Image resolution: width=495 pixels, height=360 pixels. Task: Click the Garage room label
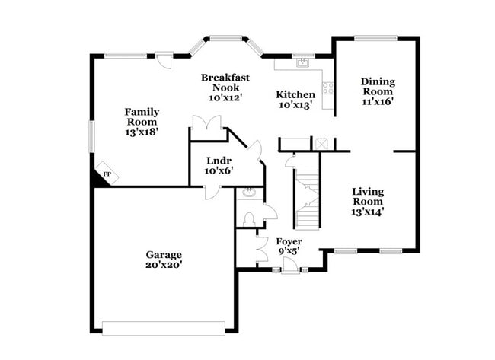(164, 254)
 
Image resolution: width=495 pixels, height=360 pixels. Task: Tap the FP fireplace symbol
(106, 174)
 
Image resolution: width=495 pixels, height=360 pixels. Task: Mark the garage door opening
(164, 328)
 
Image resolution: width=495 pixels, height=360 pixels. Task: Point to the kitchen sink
(303, 64)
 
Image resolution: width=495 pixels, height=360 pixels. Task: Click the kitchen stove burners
(327, 88)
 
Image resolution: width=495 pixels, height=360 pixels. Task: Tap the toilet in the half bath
(247, 219)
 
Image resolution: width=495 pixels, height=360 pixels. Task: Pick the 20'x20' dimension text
(164, 265)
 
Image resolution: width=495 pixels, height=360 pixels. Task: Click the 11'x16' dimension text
(378, 101)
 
